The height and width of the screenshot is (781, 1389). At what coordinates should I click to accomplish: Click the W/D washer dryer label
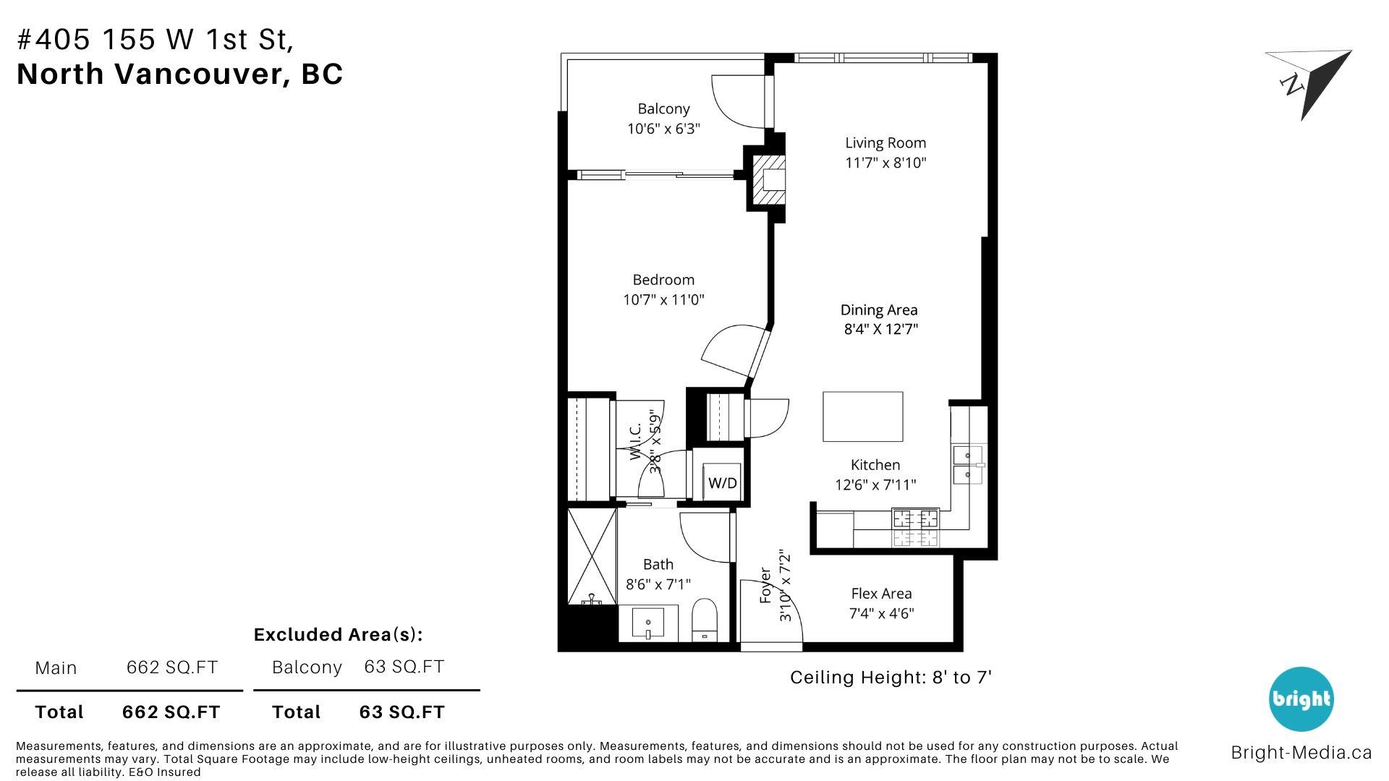point(722,482)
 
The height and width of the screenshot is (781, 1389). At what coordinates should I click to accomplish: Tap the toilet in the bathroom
point(704,620)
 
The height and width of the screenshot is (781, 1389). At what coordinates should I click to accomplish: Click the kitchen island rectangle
point(862,417)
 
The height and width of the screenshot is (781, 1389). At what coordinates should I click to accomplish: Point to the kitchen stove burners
point(915,528)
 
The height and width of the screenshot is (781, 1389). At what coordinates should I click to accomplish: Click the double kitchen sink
point(968,465)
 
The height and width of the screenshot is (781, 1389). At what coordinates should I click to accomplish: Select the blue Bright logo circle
point(1301,699)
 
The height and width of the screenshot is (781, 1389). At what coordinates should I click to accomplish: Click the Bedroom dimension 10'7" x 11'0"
point(663,299)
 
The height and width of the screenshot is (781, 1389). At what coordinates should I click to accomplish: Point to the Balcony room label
point(663,108)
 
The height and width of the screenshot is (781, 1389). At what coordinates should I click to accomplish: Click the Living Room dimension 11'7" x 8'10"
point(885,163)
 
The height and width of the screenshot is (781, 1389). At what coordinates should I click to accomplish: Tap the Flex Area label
point(881,594)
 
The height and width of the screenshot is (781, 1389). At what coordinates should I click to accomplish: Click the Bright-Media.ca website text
point(1301,753)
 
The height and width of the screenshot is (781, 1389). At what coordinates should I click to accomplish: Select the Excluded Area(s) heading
point(338,635)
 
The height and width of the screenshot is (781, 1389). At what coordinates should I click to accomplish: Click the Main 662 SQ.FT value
point(172,667)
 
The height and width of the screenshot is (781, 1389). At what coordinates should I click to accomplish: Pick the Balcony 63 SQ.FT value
point(404,667)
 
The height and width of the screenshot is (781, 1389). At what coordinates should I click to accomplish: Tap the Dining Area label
point(879,310)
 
